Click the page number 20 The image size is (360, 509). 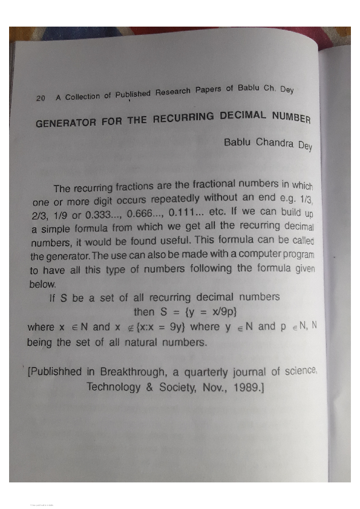coord(41,99)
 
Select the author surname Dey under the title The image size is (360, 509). coord(304,146)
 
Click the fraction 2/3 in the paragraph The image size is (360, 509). coord(41,215)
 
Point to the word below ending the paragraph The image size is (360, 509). coord(42,283)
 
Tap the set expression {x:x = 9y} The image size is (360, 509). coord(159,327)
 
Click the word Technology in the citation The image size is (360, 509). coord(114,386)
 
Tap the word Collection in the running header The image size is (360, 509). coord(83,96)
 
